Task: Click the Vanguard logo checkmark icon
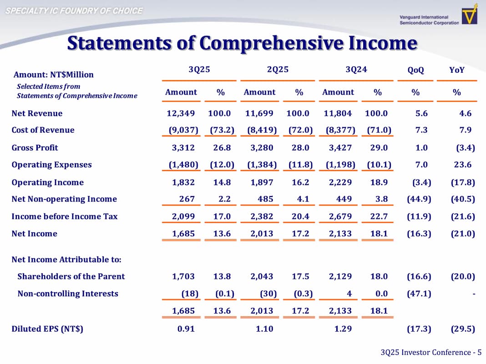pyautogui.click(x=470, y=15)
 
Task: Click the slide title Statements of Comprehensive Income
pyautogui.click(x=242, y=43)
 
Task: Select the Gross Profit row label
pyautogui.click(x=35, y=147)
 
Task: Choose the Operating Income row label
pyautogui.click(x=47, y=182)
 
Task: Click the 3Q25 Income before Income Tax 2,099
pyautogui.click(x=183, y=217)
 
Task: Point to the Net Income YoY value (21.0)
pyautogui.click(x=462, y=234)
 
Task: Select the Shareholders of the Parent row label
pyautogui.click(x=71, y=276)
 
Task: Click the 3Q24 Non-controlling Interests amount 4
pyautogui.click(x=349, y=293)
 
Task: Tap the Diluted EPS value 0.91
pyautogui.click(x=186, y=329)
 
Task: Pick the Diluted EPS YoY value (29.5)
pyautogui.click(x=462, y=329)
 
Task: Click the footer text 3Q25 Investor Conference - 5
pyautogui.click(x=430, y=353)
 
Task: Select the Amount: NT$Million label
pyautogui.click(x=53, y=75)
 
